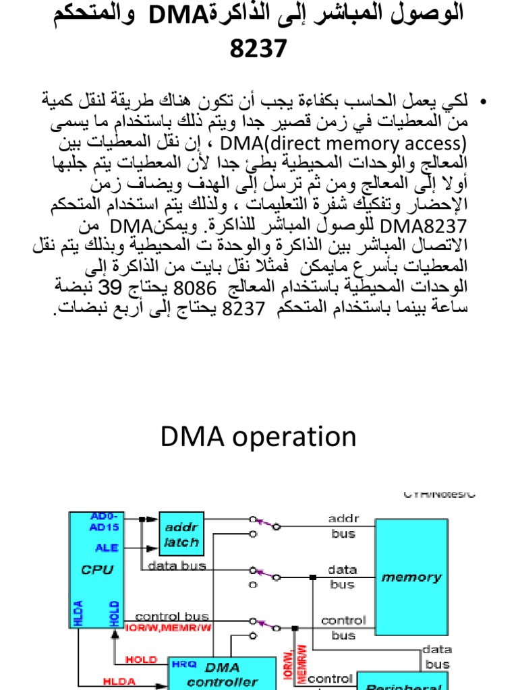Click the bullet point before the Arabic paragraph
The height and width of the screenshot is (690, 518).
coord(482,102)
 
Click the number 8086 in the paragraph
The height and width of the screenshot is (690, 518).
coord(196,289)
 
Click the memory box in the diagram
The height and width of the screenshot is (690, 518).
coord(411,577)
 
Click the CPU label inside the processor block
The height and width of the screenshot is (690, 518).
coord(97,569)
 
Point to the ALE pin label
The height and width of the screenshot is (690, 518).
coord(107,548)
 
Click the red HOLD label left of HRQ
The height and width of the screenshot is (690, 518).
coord(142,660)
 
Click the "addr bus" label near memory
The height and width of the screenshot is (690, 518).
coord(342,526)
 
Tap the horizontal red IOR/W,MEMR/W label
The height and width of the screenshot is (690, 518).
coord(169,628)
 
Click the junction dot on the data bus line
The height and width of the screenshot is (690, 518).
coord(313,577)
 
